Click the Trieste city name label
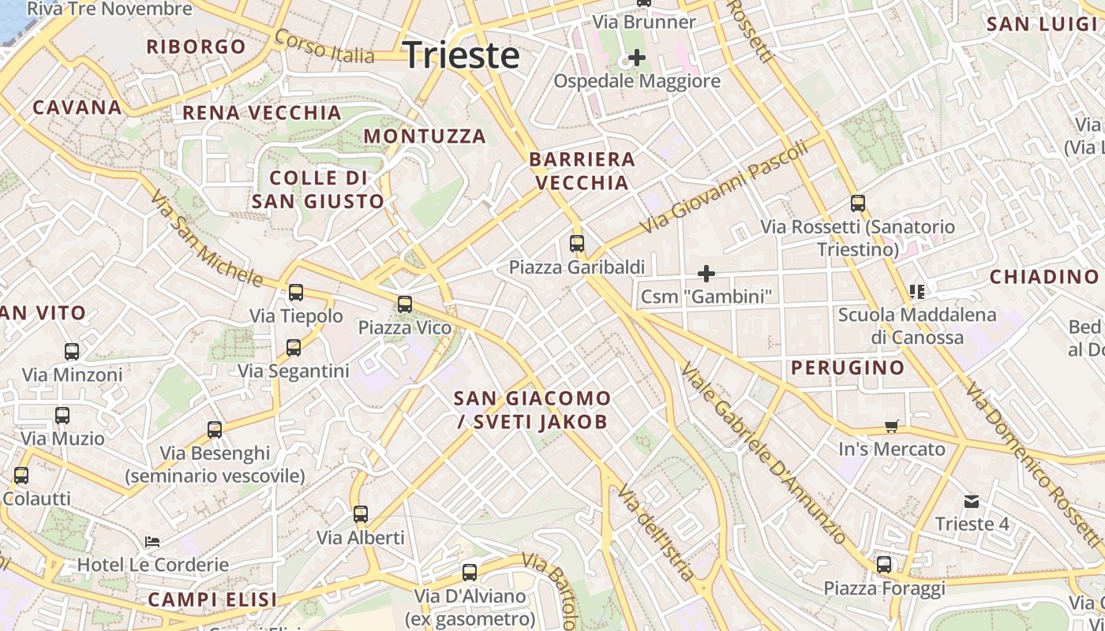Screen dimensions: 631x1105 [x=461, y=55]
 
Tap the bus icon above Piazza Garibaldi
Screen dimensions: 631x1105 [x=577, y=244]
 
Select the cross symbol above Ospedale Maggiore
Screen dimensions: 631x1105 [x=636, y=58]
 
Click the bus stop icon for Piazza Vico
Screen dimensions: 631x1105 [x=405, y=304]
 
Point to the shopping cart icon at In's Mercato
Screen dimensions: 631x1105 [x=892, y=426]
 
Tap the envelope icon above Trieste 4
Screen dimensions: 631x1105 [x=972, y=501]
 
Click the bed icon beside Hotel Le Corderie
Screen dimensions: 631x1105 [x=152, y=542]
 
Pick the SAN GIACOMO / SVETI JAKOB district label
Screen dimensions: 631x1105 [x=532, y=409]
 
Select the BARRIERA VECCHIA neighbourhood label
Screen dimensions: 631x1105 [x=582, y=171]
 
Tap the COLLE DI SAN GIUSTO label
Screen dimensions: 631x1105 [x=318, y=189]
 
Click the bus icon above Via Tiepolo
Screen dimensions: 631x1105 [x=296, y=293]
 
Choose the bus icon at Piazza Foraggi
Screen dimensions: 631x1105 [x=884, y=565]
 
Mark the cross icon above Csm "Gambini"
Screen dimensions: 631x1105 [x=706, y=274]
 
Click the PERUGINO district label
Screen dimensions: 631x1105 [x=848, y=368]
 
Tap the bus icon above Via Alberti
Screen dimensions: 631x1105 [x=361, y=514]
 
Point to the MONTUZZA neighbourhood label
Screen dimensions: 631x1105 [x=425, y=136]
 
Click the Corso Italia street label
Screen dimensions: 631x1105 [x=324, y=47]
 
